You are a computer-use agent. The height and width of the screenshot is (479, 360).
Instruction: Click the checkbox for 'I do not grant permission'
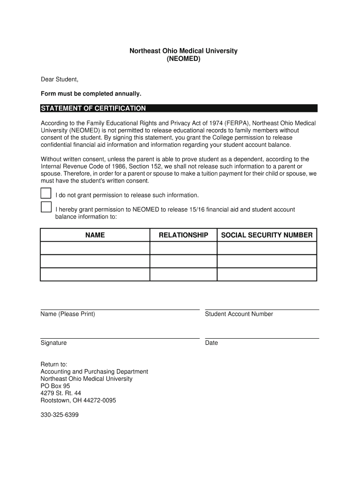tap(46, 193)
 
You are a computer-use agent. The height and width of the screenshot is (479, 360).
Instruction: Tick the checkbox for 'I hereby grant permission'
tap(46, 207)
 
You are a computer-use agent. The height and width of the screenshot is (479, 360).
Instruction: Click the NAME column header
tap(95, 235)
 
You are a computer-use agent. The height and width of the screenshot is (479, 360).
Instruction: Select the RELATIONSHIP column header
tap(183, 235)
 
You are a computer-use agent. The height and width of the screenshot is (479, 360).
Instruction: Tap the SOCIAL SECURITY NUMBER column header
tap(266, 235)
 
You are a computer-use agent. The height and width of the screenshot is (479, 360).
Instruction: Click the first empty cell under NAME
tap(95, 248)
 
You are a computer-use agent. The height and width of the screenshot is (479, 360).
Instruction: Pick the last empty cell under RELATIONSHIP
tap(183, 275)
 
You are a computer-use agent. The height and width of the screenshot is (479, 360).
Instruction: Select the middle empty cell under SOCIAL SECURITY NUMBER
tap(266, 261)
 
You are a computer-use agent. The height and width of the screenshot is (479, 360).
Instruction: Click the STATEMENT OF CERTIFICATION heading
tap(94, 109)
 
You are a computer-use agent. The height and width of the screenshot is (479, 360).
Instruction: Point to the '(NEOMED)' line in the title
tap(183, 59)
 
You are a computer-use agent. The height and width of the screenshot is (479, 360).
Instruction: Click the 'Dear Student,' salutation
tap(59, 80)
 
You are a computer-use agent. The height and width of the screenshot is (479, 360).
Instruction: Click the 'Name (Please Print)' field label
tap(68, 314)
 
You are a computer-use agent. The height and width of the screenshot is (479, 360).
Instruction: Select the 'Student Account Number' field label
tap(239, 314)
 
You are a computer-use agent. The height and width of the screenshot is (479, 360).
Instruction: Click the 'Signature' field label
tap(54, 343)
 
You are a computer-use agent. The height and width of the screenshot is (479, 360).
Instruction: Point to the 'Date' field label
tap(211, 343)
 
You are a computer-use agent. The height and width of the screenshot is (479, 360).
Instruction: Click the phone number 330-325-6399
tap(59, 414)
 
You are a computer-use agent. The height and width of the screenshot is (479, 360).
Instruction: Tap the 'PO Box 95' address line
tap(55, 386)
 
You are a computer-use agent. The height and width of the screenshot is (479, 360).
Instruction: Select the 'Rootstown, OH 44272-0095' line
tap(79, 400)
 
